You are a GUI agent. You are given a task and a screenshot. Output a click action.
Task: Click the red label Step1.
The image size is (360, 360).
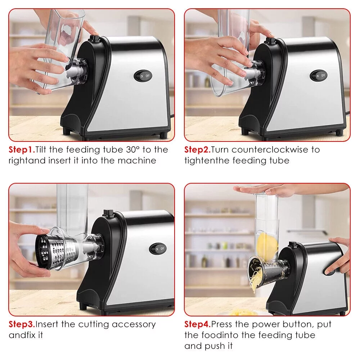click(x=22, y=150)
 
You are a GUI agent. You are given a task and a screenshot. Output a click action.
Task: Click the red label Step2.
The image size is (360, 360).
click(x=197, y=150)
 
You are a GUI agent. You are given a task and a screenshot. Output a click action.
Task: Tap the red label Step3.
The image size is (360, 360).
click(x=22, y=324)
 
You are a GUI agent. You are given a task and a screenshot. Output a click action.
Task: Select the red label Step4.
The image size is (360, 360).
click(x=198, y=324)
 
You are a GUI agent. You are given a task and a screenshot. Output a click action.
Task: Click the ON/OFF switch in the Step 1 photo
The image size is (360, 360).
click(x=143, y=76)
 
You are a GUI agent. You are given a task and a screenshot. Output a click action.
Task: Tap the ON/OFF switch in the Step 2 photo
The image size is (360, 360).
click(x=319, y=76)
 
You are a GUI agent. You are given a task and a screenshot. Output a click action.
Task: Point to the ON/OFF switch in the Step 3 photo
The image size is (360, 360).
click(x=158, y=248)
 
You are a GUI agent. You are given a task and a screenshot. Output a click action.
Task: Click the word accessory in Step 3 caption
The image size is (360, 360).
click(x=134, y=324)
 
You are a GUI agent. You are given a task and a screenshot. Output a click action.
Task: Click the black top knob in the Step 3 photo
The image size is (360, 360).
click(x=107, y=213)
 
